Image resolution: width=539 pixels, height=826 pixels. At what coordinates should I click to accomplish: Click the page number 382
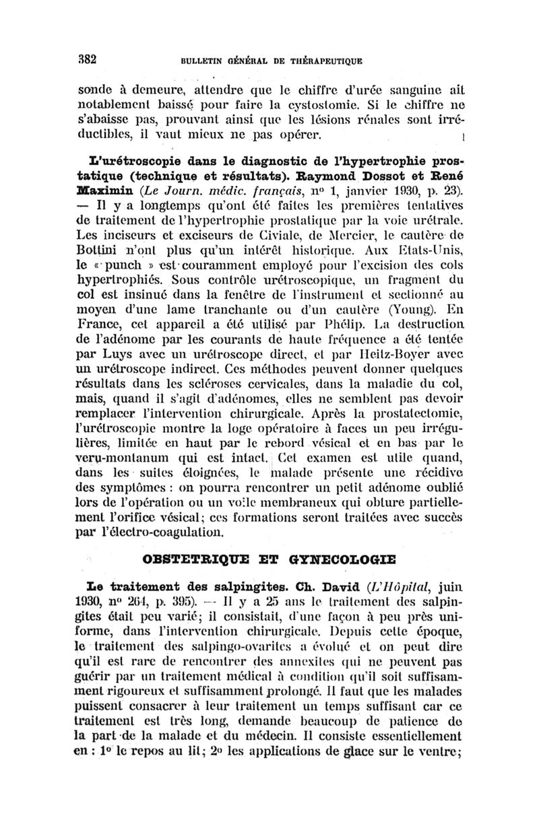[x=88, y=58]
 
